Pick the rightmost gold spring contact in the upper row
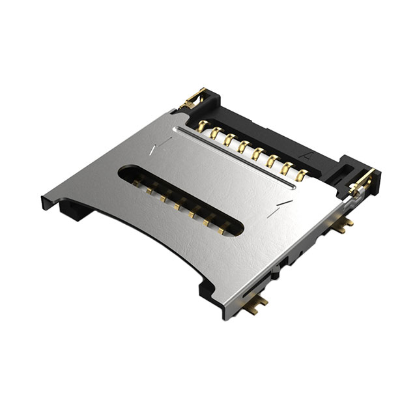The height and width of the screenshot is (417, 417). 302,174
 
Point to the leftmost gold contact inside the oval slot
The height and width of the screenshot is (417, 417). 139,184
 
